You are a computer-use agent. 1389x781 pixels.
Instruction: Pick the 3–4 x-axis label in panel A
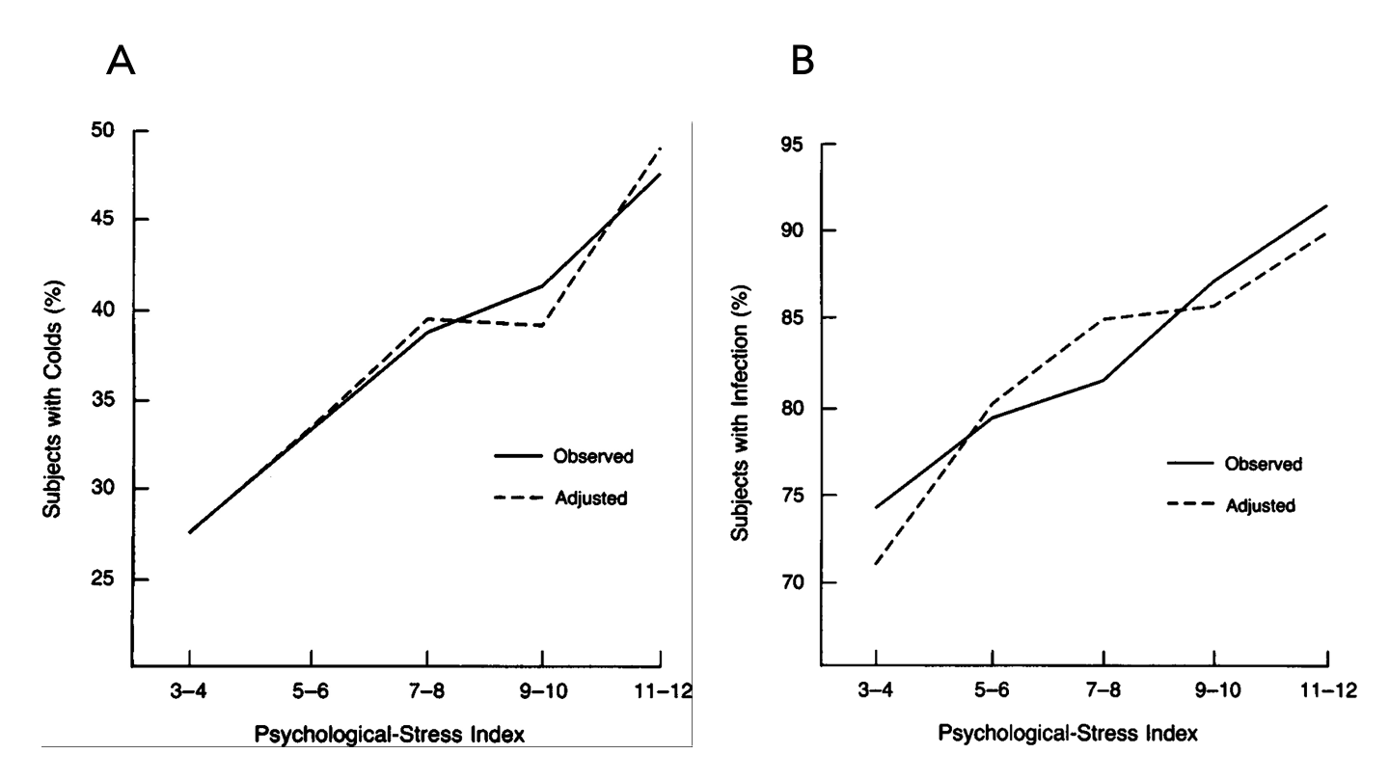pos(189,692)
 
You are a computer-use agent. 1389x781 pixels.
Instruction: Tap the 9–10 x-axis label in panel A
pos(542,692)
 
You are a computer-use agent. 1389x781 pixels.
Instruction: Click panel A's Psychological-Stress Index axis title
pos(390,735)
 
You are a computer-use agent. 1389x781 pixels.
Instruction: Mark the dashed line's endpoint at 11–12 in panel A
pos(660,148)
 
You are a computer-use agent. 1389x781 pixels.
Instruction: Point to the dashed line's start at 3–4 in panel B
pos(876,564)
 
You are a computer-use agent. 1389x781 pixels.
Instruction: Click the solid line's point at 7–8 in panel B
pos(1103,380)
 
